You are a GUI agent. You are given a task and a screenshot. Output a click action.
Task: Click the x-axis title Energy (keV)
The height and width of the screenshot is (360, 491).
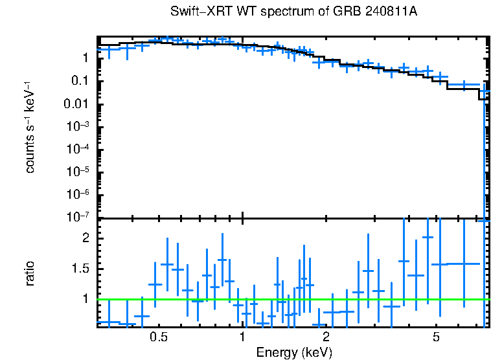pos(293,352)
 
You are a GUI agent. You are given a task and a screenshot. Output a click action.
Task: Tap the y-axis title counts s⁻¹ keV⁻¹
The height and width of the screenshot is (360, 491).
pos(30,128)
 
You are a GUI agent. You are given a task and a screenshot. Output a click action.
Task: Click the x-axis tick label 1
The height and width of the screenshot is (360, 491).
pos(242,337)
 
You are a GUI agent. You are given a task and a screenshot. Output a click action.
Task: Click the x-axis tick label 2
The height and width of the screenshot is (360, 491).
pos(326,337)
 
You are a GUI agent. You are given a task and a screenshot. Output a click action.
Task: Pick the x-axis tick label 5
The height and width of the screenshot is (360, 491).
pos(437,337)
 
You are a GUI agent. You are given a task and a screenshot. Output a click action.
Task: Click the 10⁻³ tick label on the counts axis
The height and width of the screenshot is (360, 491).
pos(80,126)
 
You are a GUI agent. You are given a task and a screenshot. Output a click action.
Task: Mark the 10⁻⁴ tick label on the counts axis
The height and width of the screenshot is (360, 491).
pos(80,149)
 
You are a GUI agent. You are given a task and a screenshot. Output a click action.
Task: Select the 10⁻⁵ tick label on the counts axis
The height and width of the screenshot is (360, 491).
pos(80,172)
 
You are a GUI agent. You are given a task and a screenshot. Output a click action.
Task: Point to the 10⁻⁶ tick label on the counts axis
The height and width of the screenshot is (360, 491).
pos(80,194)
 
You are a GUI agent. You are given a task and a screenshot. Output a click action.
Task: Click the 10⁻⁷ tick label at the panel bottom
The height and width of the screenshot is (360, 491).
pos(80,216)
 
